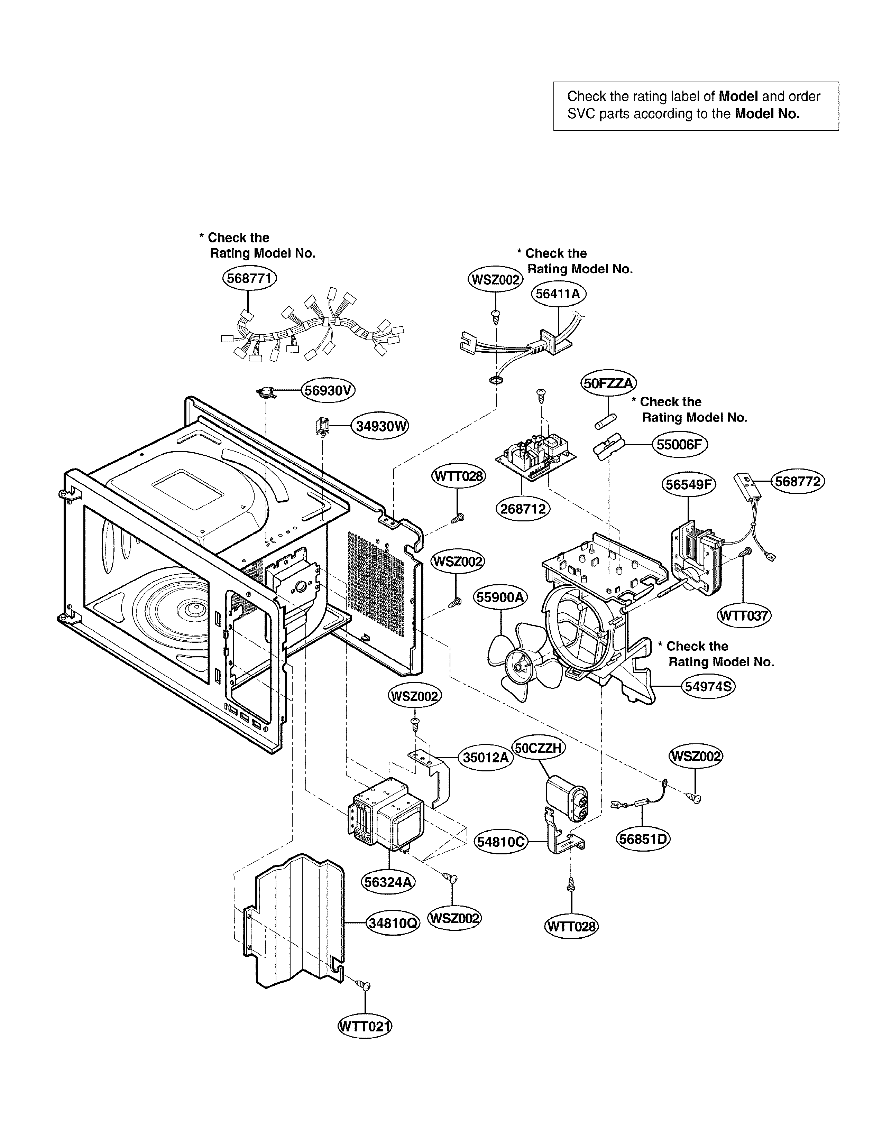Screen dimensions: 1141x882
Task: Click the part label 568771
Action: [x=249, y=278]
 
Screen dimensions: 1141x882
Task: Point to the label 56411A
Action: [x=558, y=294]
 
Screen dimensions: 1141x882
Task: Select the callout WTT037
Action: [x=744, y=615]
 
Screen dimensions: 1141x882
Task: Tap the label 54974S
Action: [x=708, y=686]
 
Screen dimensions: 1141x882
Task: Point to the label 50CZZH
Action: [x=538, y=748]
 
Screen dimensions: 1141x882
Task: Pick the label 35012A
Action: [x=485, y=758]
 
